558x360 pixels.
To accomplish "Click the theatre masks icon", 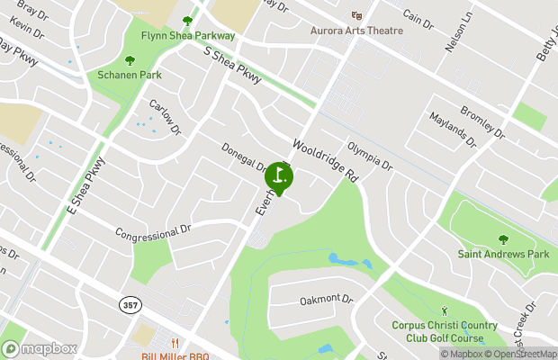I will (357, 15).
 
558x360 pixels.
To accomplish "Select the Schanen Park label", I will (130, 75).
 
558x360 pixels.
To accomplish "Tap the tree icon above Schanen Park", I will (130, 60).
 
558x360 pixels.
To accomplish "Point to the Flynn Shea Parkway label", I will (188, 35).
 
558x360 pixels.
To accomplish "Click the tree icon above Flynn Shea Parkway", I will (188, 21).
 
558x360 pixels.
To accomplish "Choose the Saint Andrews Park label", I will (503, 255).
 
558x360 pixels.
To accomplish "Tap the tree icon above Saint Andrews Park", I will (503, 240).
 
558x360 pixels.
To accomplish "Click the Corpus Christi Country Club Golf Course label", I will (438, 332).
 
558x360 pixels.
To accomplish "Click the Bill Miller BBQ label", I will (175, 356).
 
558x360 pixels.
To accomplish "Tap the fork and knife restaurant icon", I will (175, 343).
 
